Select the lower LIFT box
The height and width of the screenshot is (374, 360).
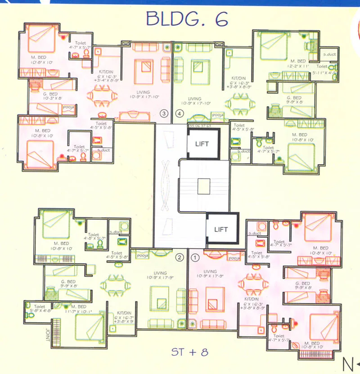pyautogui.click(x=221, y=229)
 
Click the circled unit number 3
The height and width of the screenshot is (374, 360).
pyautogui.click(x=164, y=114)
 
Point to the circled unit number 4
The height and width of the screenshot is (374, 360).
pyautogui.click(x=180, y=114)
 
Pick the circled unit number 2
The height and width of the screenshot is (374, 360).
pyautogui.click(x=179, y=258)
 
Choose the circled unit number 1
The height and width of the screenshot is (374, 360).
pyautogui.click(x=195, y=258)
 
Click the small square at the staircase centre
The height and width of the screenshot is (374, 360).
pyautogui.click(x=203, y=186)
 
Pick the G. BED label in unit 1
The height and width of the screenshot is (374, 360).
pyautogui.click(x=302, y=284)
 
